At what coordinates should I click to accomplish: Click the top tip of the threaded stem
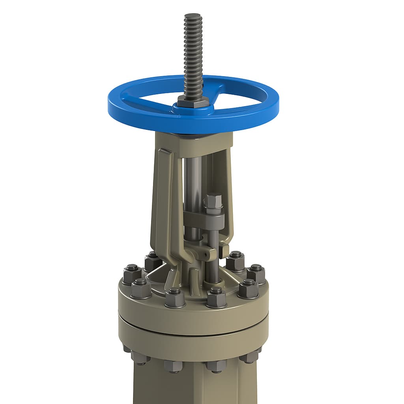coord(193,15)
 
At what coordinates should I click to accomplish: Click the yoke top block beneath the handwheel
coord(193,142)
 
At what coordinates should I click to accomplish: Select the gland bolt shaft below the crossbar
coord(213,256)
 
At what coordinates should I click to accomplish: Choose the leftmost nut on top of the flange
coord(132,274)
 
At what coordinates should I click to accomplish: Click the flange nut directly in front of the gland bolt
coord(216,297)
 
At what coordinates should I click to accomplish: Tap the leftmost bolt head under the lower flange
coord(140,357)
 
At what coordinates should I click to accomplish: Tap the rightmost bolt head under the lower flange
coord(249,357)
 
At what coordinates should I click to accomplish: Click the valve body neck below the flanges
coord(193,385)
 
